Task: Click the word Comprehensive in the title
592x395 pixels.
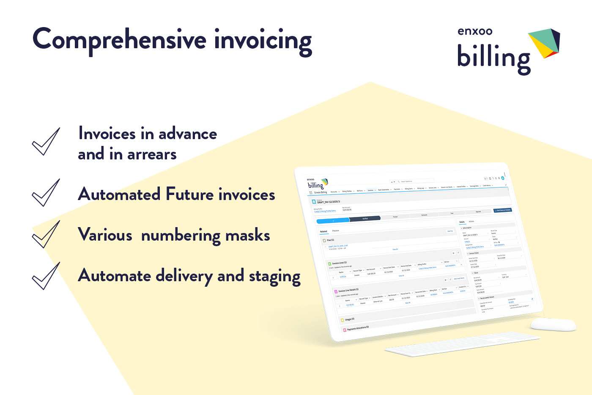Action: [x=119, y=40]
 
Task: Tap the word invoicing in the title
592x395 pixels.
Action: [x=263, y=41]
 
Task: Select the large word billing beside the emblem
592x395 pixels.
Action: [x=493, y=58]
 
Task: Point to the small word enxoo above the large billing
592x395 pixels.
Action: [x=475, y=31]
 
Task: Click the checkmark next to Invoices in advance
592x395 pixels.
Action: [x=46, y=142]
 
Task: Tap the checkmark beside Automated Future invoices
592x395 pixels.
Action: [x=46, y=192]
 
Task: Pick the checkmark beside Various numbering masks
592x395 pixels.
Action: [x=46, y=234]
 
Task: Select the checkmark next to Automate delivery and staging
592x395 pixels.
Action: [x=46, y=276]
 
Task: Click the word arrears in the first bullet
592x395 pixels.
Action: [x=152, y=154]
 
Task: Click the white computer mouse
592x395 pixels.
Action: [x=553, y=324]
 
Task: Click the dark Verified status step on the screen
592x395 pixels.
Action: [x=365, y=219]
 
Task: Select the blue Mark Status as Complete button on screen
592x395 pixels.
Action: [x=502, y=210]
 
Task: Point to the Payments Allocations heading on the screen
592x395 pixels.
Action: [x=358, y=328]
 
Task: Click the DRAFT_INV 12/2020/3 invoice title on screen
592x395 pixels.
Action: [x=329, y=202]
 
